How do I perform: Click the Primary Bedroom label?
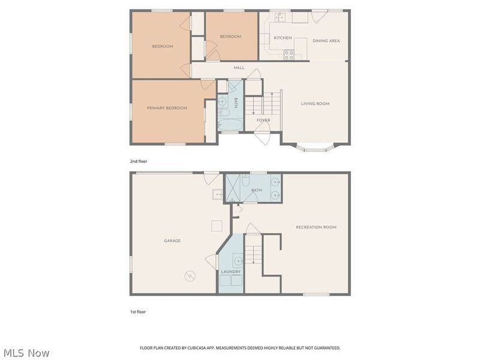click(x=167, y=108)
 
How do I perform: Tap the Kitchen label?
click(x=283, y=38)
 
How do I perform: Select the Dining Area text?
click(x=326, y=41)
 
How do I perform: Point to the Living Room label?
click(x=315, y=104)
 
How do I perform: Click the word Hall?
click(x=239, y=68)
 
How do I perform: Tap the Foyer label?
click(x=263, y=121)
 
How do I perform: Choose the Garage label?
click(x=172, y=241)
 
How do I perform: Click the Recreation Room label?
click(x=316, y=227)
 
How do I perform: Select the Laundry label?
click(x=231, y=272)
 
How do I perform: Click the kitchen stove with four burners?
click(x=289, y=55)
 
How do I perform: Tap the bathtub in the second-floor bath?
click(x=230, y=125)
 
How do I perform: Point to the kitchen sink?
click(x=280, y=17)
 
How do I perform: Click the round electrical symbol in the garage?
click(x=190, y=276)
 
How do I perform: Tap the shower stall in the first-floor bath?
click(x=233, y=188)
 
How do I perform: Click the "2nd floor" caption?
click(x=139, y=161)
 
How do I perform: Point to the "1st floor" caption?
click(x=138, y=312)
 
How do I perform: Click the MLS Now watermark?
click(x=26, y=353)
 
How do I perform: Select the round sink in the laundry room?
click(x=238, y=261)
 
